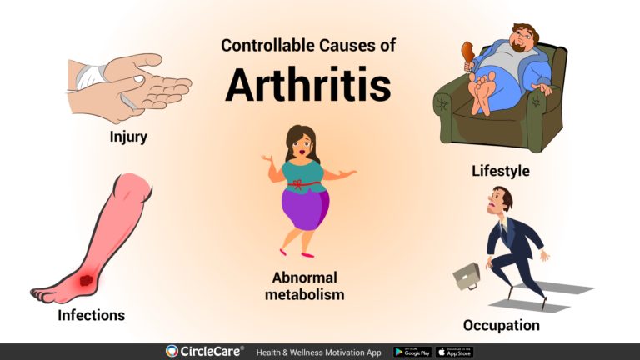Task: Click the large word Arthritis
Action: click(x=307, y=85)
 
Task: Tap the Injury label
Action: click(x=128, y=137)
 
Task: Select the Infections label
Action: click(x=91, y=315)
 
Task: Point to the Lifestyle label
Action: click(x=500, y=171)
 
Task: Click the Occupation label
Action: click(x=501, y=324)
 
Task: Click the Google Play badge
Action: click(x=412, y=352)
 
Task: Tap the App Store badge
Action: click(x=454, y=352)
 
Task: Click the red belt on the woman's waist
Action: click(x=306, y=183)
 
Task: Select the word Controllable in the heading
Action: click(x=263, y=46)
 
